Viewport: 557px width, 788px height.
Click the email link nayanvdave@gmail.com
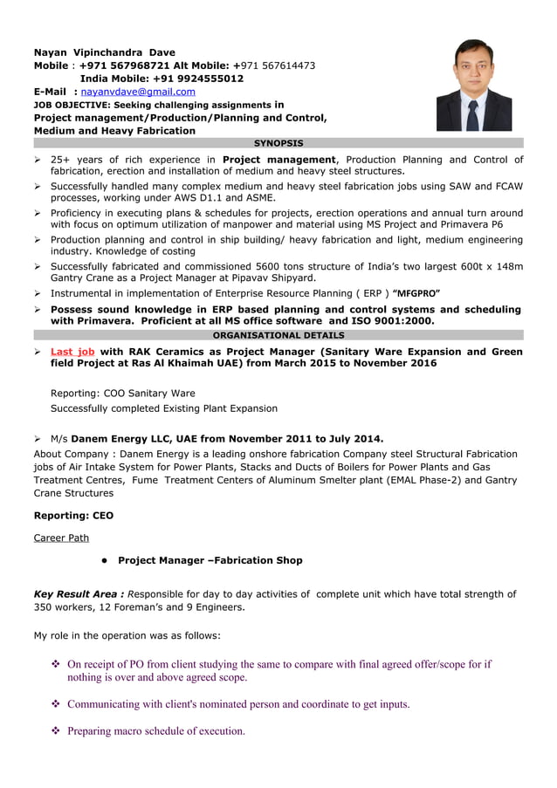pos(138,91)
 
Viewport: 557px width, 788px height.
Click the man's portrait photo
pos(474,85)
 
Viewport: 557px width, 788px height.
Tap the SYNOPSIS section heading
pos(278,142)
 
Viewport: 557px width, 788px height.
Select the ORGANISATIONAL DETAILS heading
pos(278,335)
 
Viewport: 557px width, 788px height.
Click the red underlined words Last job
pos(72,352)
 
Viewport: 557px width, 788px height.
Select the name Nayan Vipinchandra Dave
pos(104,52)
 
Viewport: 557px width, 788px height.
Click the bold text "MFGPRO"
pos(416,293)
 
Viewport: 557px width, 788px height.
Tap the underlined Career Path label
pos(61,538)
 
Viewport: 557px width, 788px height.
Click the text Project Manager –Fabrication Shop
pos(210,560)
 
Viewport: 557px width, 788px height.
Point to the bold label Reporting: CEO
pos(73,516)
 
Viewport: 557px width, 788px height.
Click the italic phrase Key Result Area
pos(79,594)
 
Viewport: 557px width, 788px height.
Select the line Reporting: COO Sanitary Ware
pos(123,393)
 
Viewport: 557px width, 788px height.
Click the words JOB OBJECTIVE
pos(70,104)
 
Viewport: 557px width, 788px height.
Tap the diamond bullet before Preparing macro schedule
pos(55,731)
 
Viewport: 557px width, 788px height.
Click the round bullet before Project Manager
pos(103,560)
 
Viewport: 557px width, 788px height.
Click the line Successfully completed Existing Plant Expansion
pos(164,408)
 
